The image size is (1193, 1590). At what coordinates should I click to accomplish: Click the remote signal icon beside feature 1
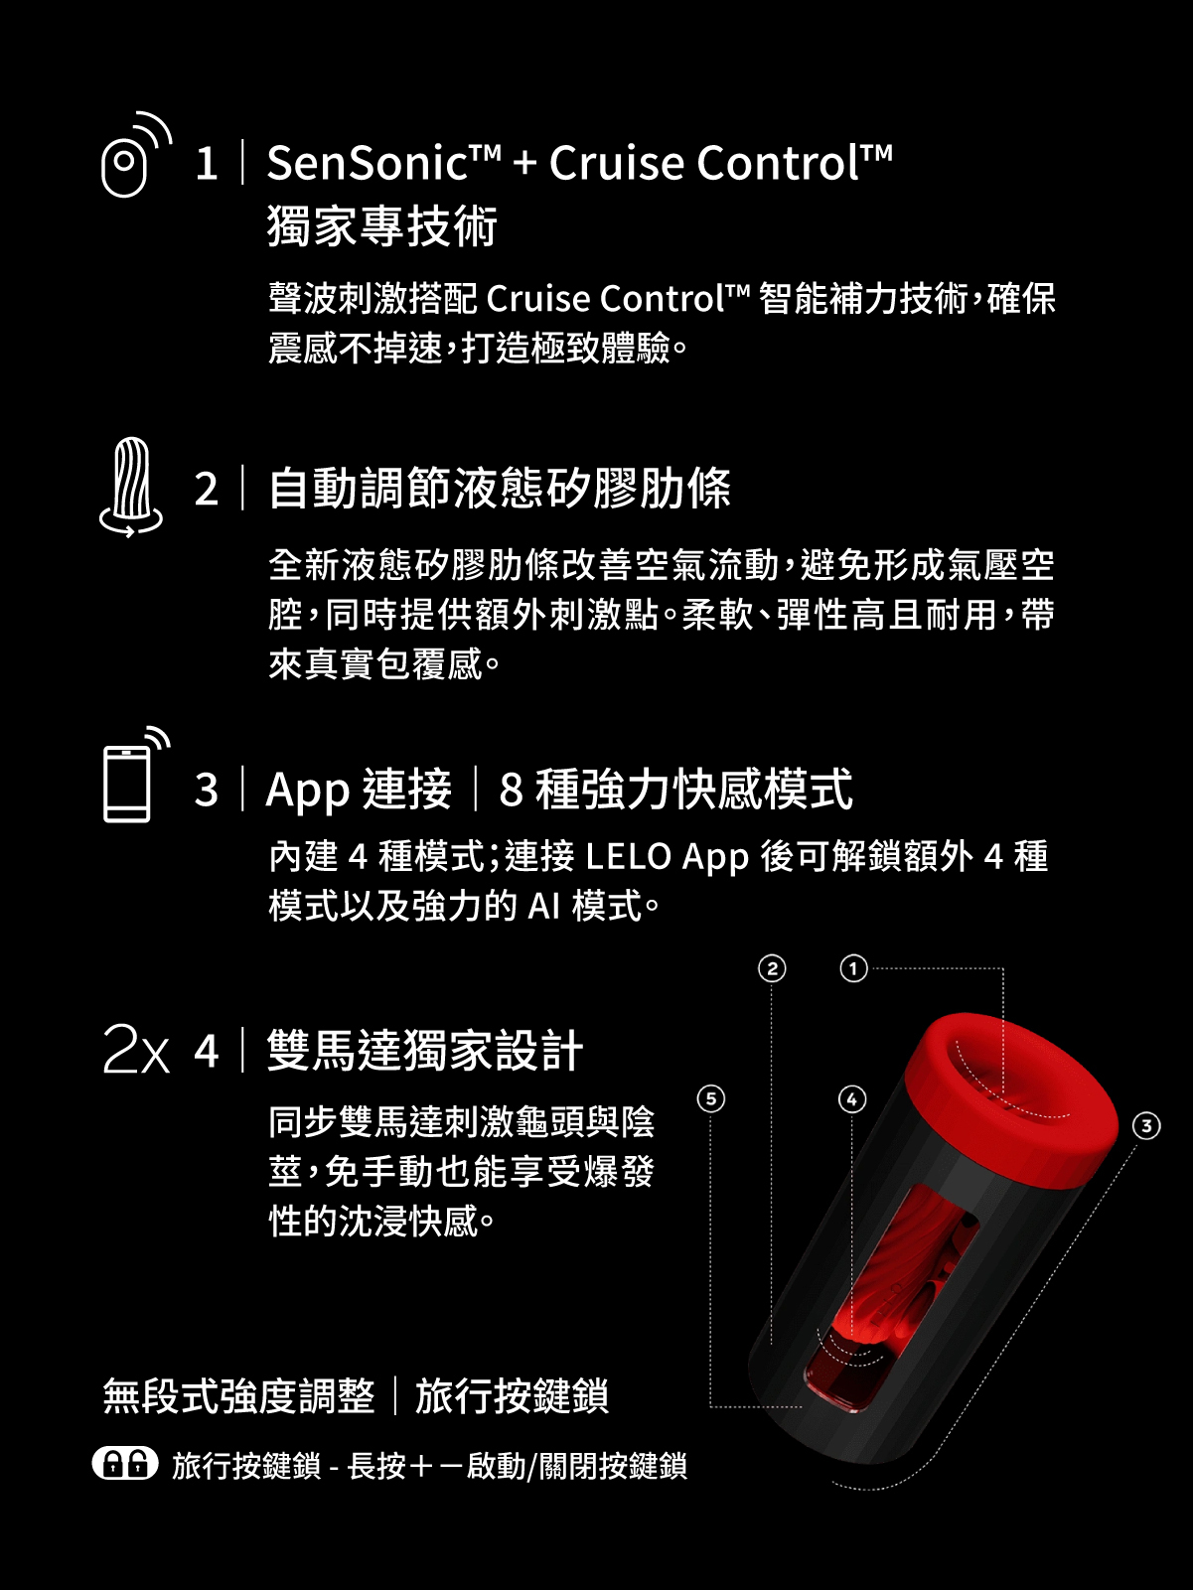tap(133, 157)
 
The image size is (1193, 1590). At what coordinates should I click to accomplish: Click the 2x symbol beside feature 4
tap(136, 1050)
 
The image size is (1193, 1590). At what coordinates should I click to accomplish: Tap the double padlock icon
tap(125, 1464)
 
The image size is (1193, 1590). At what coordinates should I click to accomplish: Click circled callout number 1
tap(853, 968)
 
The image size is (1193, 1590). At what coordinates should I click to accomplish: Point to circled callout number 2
tap(772, 968)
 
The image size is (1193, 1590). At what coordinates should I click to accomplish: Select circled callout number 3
tap(1146, 1125)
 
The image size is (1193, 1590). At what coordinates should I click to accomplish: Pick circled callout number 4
tap(852, 1098)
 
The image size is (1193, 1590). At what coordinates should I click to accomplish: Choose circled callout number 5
tap(711, 1098)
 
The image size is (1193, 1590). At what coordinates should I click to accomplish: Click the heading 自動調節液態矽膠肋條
tap(500, 489)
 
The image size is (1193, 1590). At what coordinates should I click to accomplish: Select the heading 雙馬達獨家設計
tap(425, 1051)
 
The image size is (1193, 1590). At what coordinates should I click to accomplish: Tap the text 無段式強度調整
tap(239, 1396)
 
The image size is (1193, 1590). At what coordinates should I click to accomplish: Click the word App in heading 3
tap(308, 791)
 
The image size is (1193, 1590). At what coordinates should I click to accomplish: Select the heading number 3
tap(206, 791)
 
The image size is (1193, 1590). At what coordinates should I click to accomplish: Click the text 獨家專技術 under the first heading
tap(382, 226)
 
